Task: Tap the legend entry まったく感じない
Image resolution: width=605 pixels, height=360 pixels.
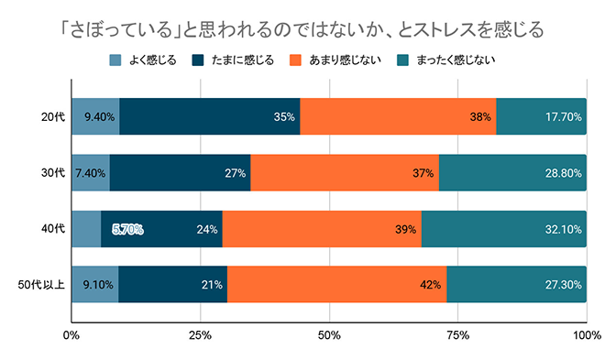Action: pyautogui.click(x=442, y=61)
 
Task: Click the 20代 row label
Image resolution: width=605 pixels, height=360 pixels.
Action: pyautogui.click(x=52, y=117)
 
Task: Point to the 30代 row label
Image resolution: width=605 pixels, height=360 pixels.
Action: pyautogui.click(x=52, y=173)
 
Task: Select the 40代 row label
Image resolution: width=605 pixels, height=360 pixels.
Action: pyautogui.click(x=52, y=229)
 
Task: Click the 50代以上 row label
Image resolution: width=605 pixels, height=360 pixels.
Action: pyautogui.click(x=43, y=285)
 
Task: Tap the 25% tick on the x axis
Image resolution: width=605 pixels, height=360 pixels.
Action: pyautogui.click(x=200, y=334)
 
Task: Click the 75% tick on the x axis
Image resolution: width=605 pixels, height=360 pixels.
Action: pyautogui.click(x=457, y=334)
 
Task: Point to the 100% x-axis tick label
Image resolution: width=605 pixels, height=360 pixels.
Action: pyautogui.click(x=585, y=334)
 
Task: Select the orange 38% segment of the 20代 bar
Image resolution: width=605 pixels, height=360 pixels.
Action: pyautogui.click(x=398, y=117)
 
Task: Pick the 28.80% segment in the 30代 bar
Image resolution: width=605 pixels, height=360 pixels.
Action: pyautogui.click(x=512, y=173)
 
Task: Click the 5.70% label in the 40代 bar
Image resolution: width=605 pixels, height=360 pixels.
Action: pyautogui.click(x=127, y=229)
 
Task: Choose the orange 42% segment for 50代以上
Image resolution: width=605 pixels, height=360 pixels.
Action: pyautogui.click(x=336, y=285)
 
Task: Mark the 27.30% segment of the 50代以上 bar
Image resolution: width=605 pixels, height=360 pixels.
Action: pyautogui.click(x=516, y=285)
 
